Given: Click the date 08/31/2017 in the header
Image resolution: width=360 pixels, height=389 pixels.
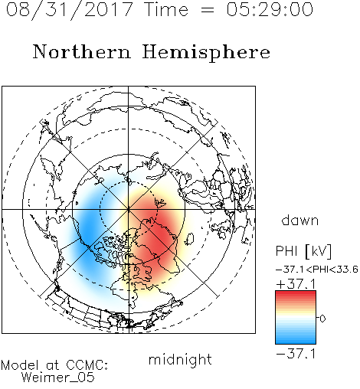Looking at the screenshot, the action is [70, 9].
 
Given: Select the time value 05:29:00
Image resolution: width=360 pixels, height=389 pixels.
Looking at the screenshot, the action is [270, 9].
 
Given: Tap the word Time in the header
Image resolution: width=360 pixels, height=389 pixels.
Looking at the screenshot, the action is [166, 9].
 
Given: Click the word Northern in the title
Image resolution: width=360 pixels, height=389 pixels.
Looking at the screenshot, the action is [82, 51].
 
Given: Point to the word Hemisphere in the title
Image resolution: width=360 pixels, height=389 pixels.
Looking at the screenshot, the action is [206, 52].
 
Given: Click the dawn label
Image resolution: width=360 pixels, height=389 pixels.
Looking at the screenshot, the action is [300, 220].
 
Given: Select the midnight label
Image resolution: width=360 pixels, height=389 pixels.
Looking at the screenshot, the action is [180, 359].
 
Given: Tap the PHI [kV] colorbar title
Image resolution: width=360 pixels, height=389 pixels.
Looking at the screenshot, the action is [303, 251].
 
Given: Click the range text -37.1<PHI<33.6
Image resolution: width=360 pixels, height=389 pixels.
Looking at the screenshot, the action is [317, 270].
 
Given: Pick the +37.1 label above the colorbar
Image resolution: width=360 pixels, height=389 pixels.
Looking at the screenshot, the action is [296, 284].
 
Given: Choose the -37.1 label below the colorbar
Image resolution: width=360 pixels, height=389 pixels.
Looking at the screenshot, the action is [296, 354].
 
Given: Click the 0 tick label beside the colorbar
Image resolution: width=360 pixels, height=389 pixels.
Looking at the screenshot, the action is [322, 319].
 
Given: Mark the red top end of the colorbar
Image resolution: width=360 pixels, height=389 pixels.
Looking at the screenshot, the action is [296, 293].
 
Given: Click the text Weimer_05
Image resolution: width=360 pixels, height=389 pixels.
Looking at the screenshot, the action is [58, 378].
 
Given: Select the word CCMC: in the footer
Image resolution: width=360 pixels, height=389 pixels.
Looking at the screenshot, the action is [87, 365].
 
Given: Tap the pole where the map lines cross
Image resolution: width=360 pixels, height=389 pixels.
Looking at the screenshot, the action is [129, 209].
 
